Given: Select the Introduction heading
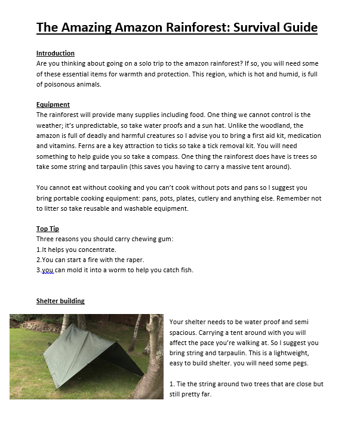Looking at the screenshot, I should [56, 53].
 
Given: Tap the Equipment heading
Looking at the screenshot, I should [53, 104].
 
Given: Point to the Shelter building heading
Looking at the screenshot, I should [60, 301].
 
